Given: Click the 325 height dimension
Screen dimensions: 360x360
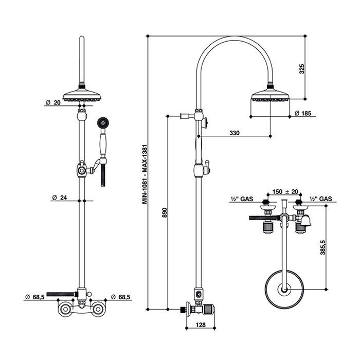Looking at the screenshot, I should tap(302, 68).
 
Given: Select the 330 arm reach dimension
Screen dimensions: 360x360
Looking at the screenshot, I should tap(235, 133).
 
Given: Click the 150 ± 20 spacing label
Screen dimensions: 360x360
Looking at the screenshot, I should tap(284, 191).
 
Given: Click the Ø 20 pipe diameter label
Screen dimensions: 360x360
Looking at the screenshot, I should tap(53, 103).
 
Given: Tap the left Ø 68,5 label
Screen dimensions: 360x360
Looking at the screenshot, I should tap(35, 297).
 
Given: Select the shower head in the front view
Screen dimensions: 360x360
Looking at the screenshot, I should tap(81, 95).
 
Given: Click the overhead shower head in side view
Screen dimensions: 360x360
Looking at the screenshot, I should tap(269, 95).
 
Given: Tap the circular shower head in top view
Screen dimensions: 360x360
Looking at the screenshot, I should tap(284, 290).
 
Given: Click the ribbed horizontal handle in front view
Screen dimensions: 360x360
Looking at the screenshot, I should tap(62, 293).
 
